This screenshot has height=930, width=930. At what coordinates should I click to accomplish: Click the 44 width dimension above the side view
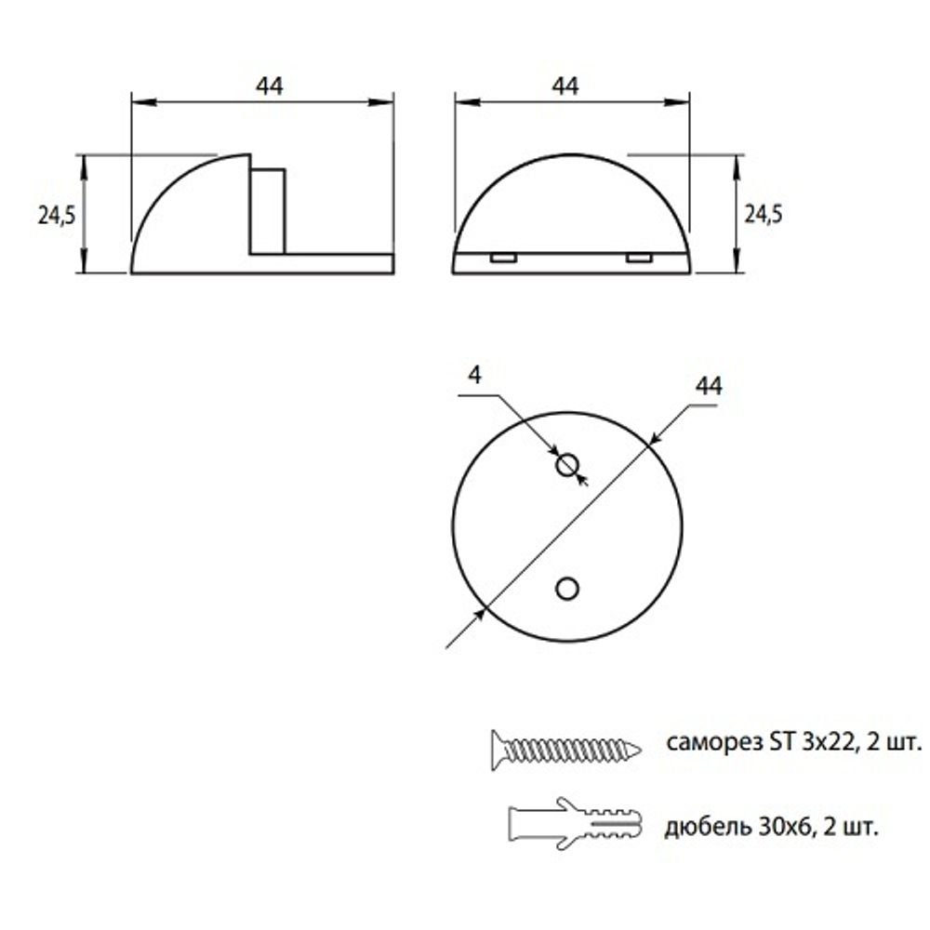[x=269, y=86]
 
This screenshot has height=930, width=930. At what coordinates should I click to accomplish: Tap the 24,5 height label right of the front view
[x=764, y=214]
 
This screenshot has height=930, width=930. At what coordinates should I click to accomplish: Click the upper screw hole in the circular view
[x=566, y=465]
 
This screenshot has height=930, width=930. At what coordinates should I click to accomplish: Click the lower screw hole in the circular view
[x=566, y=587]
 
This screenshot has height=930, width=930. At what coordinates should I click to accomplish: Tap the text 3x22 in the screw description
[x=822, y=743]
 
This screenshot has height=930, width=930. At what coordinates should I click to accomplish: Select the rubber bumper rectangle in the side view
[x=267, y=210]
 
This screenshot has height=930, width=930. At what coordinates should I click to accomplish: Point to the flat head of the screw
[x=495, y=749]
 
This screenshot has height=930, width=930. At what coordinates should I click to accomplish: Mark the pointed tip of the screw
[x=637, y=749]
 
